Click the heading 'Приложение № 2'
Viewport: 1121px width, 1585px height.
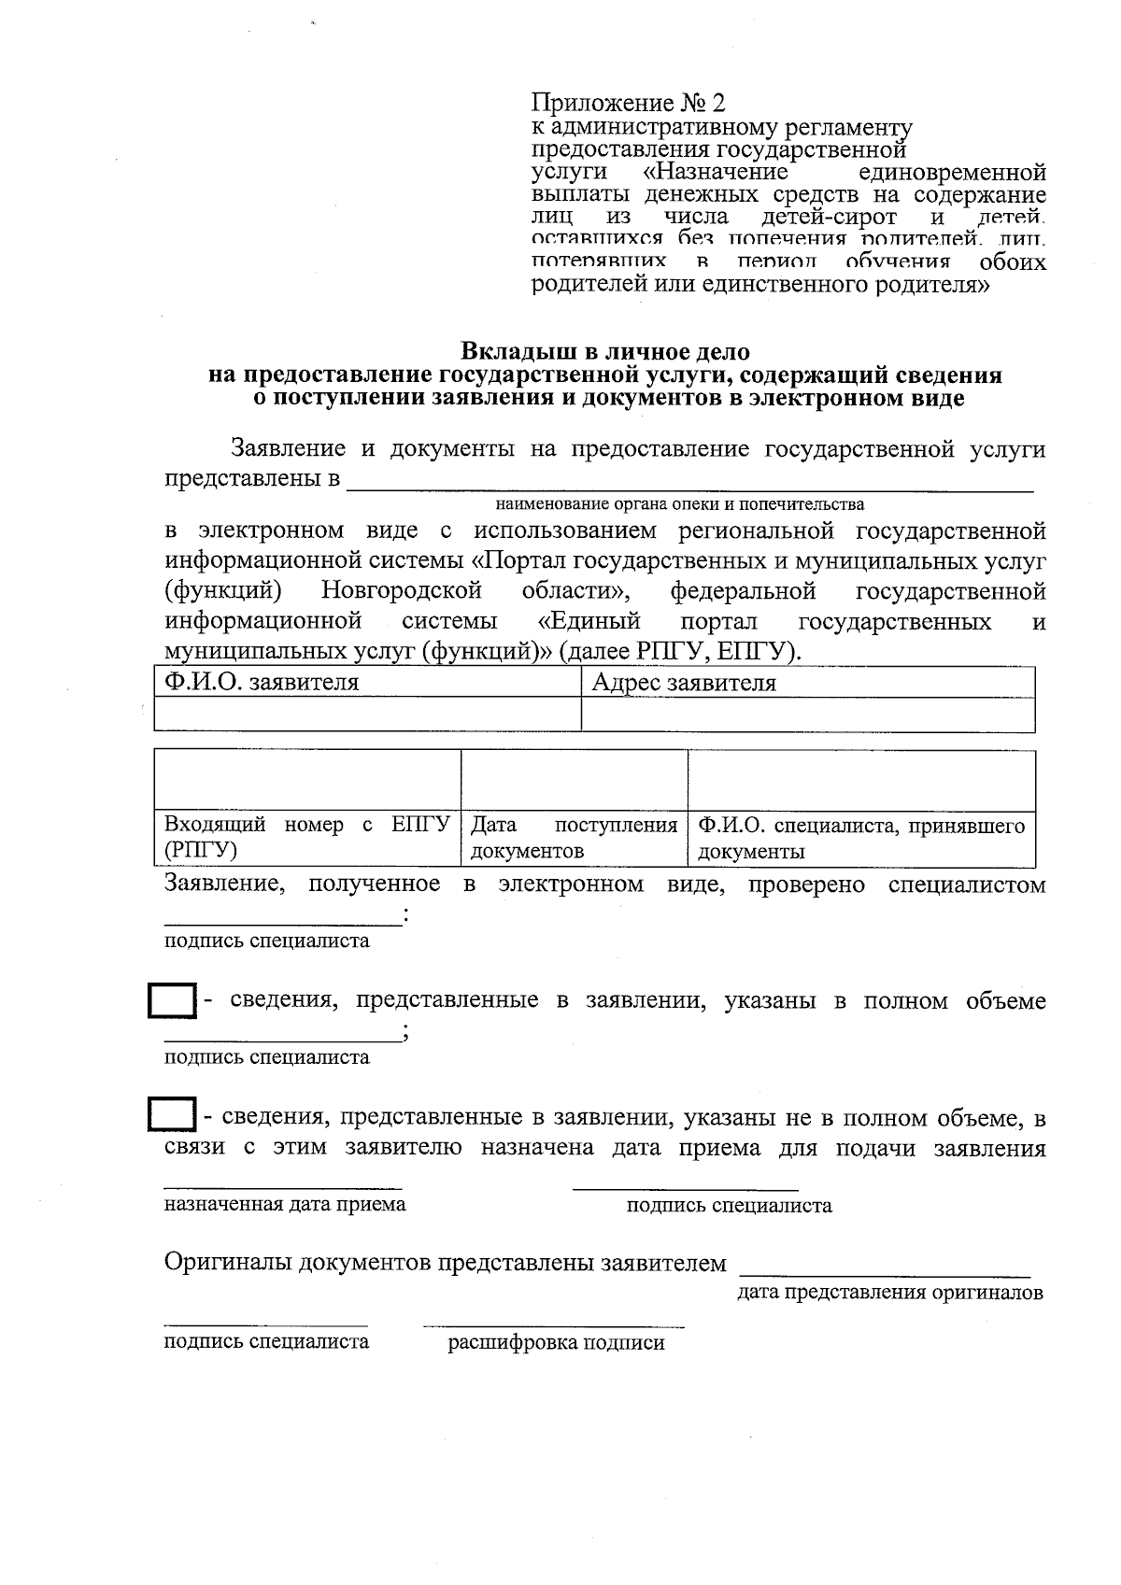click(628, 103)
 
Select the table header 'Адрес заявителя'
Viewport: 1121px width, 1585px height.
click(684, 683)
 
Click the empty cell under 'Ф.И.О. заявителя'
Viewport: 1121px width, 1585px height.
click(366, 715)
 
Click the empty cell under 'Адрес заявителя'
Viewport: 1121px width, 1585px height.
click(807, 715)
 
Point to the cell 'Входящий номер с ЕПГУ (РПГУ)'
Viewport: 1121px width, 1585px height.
click(306, 838)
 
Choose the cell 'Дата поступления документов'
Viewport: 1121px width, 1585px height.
click(574, 838)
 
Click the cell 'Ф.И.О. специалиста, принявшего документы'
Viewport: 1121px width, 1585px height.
click(860, 838)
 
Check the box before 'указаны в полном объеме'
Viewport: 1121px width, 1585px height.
click(172, 1002)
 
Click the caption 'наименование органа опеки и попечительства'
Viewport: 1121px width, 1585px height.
click(679, 504)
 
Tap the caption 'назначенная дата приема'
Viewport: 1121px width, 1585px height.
click(285, 1204)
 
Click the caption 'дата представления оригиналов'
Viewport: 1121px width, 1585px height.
click(889, 1293)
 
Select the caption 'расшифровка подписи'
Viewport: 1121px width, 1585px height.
click(556, 1343)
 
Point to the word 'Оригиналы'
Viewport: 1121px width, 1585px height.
click(228, 1263)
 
